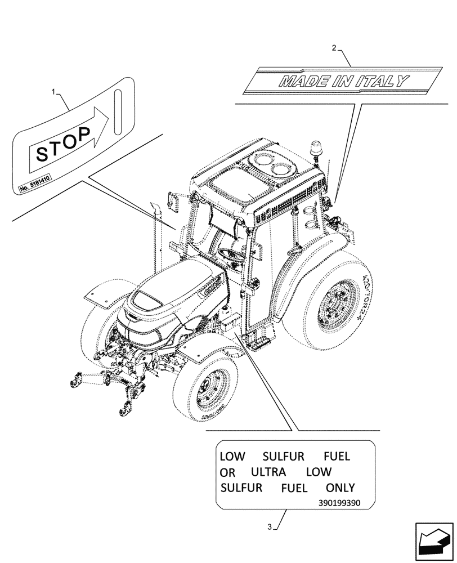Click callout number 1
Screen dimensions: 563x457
pyautogui.click(x=54, y=91)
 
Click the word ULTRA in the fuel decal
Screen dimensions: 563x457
pyautogui.click(x=269, y=472)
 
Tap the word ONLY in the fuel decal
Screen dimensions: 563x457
pyautogui.click(x=340, y=488)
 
